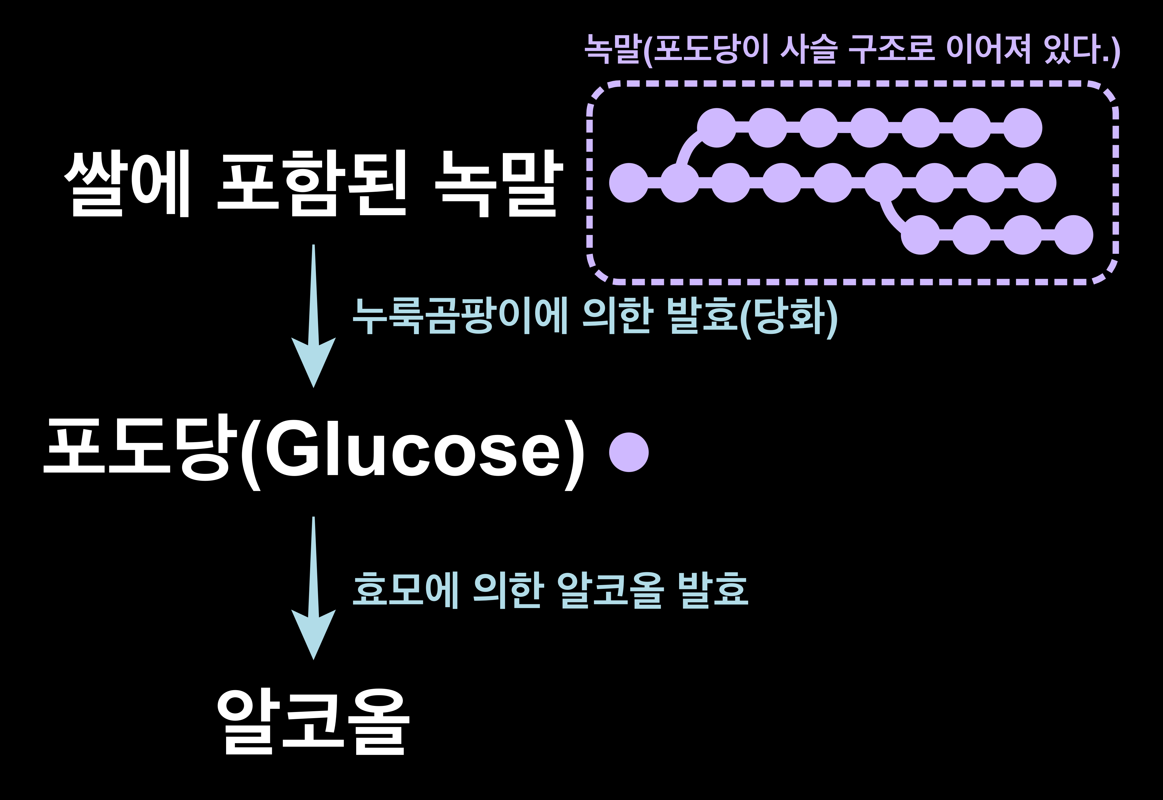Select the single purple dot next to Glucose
click(629, 452)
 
